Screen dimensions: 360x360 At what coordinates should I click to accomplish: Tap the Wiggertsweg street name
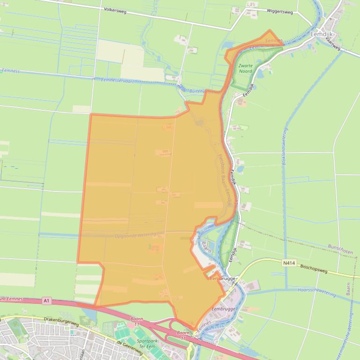[279, 11]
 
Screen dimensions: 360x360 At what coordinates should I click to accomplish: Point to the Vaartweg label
[333, 43]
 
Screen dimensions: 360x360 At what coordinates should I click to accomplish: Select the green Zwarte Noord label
[245, 68]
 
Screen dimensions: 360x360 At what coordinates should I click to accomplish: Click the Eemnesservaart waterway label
[118, 81]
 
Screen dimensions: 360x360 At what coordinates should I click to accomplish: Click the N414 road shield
[289, 263]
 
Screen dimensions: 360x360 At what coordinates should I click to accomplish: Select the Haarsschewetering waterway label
[317, 292]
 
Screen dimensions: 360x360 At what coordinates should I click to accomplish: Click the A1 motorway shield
[46, 301]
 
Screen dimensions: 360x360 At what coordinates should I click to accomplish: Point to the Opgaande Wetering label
[135, 236]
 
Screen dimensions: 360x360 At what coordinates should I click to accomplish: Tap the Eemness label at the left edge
[10, 71]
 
